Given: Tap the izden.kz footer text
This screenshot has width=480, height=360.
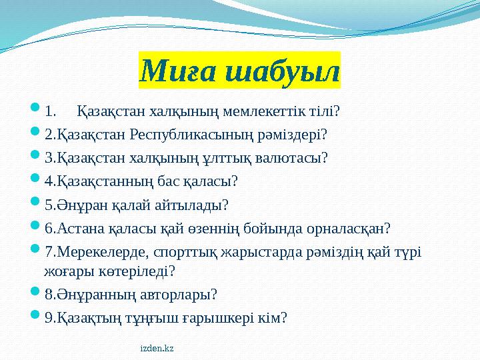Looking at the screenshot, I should click(x=157, y=349).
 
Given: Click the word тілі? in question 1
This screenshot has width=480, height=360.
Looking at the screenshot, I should click(x=325, y=109).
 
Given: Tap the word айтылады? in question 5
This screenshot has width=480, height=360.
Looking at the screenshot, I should click(x=195, y=205).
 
